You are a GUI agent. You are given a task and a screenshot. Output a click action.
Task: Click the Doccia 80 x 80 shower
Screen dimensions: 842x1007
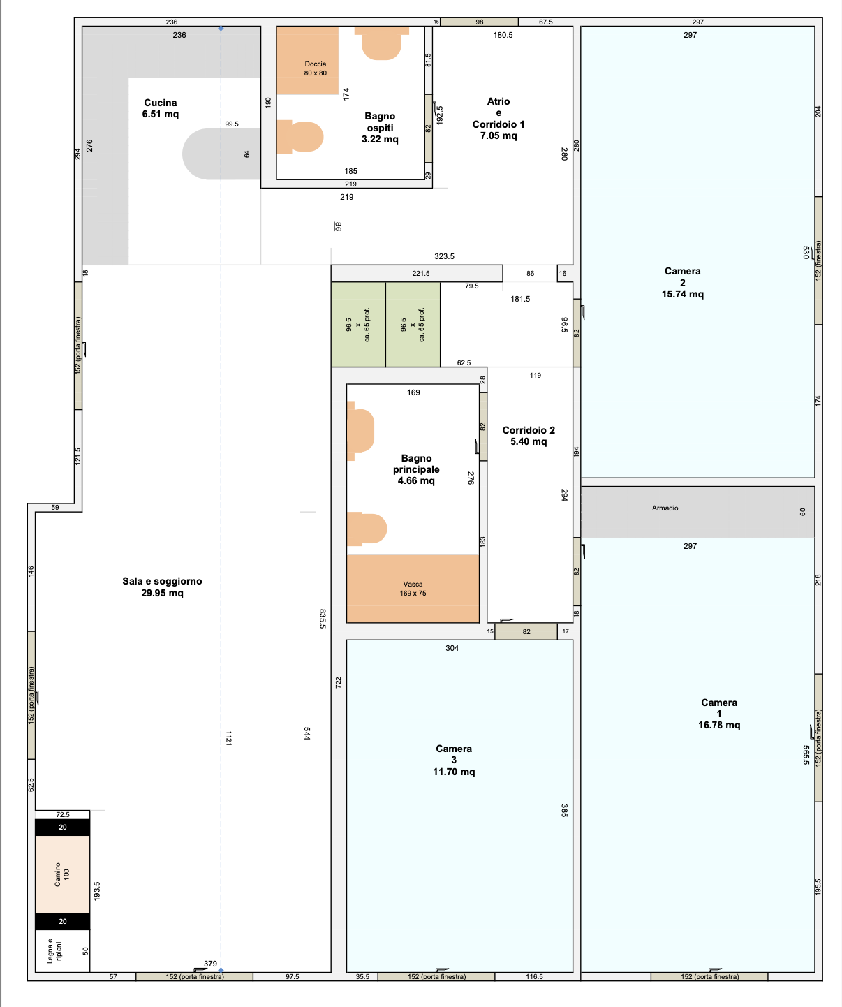pos(308,60)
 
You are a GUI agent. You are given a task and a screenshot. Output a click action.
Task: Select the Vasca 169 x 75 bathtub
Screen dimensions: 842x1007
pos(413,589)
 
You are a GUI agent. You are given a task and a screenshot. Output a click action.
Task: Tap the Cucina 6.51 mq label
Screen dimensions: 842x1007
pos(161,108)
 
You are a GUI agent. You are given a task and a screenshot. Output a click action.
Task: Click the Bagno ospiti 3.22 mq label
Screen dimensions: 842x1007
pos(380,128)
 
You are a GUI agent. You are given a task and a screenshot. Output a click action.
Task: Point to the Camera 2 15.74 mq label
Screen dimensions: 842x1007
pos(682,283)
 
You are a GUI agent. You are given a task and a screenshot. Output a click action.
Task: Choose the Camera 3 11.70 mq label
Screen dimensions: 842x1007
pos(454,760)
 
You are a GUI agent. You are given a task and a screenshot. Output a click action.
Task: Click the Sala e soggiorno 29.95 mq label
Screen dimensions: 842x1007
pos(162,587)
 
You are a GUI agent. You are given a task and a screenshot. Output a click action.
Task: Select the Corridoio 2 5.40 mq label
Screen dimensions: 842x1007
pos(529,436)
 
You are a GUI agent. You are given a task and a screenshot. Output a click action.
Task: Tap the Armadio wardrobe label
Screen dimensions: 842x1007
pos(665,508)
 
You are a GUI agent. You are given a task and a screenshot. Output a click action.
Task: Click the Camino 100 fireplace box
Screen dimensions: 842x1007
pos(62,874)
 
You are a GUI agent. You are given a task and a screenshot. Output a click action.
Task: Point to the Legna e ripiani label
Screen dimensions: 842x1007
pos(54,951)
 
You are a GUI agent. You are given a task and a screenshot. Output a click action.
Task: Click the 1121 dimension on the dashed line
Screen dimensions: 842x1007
pos(228,738)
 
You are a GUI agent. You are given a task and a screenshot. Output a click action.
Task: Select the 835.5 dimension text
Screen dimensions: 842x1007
pos(323,619)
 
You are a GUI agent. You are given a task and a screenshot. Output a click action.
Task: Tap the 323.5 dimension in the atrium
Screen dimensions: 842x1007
pos(444,256)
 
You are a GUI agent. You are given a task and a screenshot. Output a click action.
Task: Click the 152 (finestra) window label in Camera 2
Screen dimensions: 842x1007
pos(818,260)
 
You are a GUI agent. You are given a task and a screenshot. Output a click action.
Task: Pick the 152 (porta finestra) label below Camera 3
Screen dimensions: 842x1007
pos(436,976)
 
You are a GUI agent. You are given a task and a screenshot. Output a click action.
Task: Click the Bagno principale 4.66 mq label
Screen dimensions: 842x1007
pos(416,469)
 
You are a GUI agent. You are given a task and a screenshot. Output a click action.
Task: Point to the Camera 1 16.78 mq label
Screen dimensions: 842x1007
pos(719,713)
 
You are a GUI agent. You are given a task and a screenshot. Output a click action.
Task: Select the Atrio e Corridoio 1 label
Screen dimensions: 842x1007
pos(498,118)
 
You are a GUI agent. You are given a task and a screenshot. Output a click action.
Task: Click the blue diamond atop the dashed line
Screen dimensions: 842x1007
pos(221,29)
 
